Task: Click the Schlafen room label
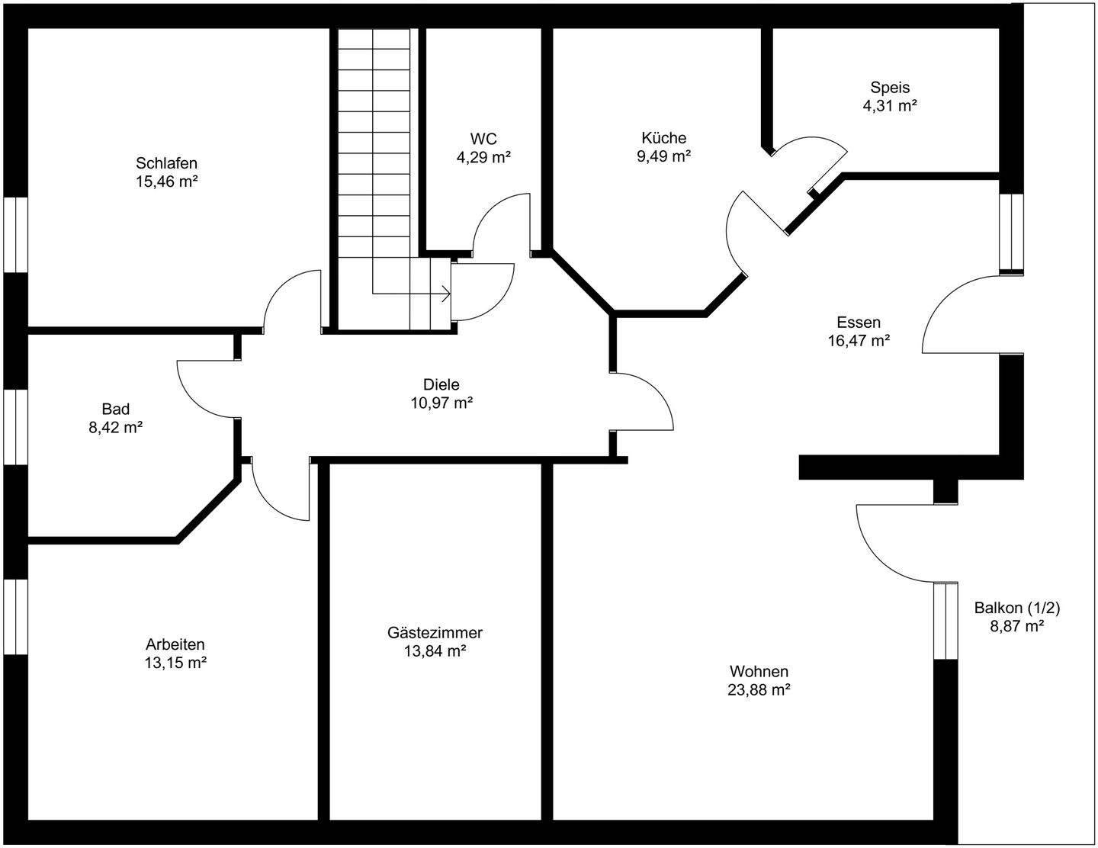point(167,163)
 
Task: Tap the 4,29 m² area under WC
point(483,158)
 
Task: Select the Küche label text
point(663,138)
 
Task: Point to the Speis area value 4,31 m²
point(889,106)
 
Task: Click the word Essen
point(858,323)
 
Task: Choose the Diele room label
point(441,385)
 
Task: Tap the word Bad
point(116,410)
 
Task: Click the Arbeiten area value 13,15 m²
point(175,663)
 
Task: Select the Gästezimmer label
point(435,633)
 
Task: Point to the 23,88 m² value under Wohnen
point(759,690)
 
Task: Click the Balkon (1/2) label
point(1017,608)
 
